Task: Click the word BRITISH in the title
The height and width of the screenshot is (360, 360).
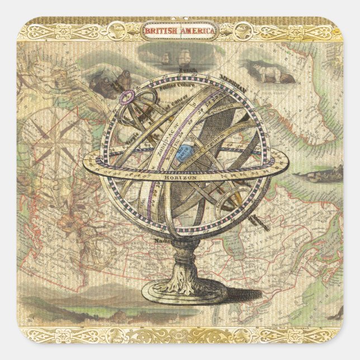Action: click(x=160, y=31)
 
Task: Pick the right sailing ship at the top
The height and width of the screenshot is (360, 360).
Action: click(x=184, y=56)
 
